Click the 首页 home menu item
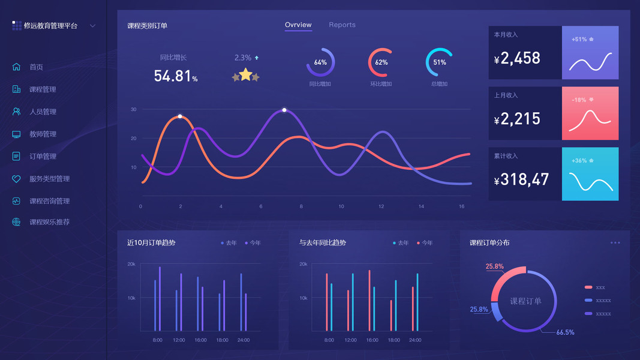36,67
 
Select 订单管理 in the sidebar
43,157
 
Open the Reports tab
342,25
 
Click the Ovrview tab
298,25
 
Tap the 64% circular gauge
320,62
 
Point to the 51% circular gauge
440,62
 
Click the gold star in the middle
245,74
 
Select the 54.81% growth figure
175,76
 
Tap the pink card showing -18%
590,113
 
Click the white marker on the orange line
180,116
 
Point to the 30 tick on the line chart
134,110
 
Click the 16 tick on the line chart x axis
462,207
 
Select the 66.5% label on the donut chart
565,332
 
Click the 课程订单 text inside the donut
525,301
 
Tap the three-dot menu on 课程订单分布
615,243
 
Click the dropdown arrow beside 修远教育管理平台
92,26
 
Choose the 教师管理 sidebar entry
43,134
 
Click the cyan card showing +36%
590,174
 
